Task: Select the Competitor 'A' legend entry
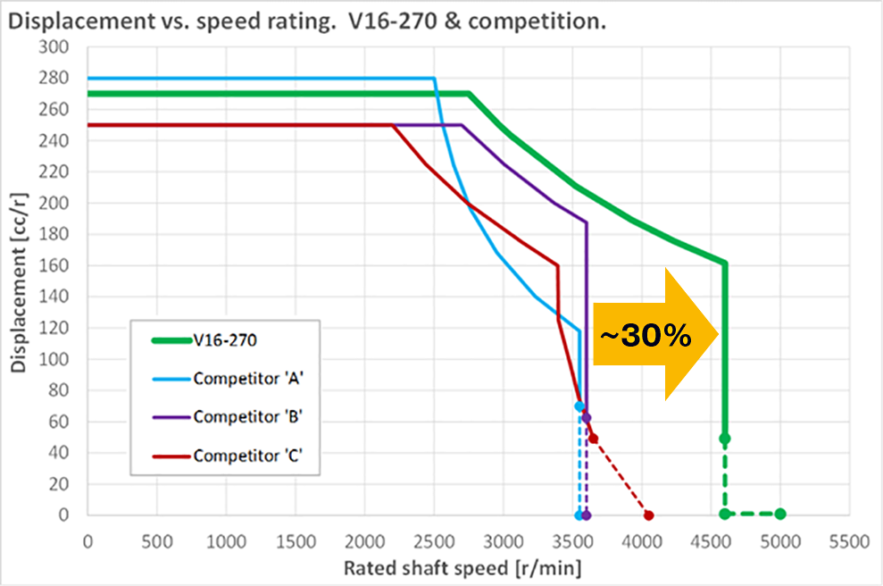[x=246, y=379]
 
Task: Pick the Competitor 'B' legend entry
[x=246, y=416]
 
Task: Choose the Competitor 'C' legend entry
[x=246, y=456]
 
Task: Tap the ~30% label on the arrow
[x=646, y=336]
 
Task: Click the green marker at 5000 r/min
[x=780, y=514]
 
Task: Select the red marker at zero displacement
[x=649, y=515]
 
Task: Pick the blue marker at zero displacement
[x=579, y=515]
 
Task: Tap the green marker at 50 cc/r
[x=725, y=439]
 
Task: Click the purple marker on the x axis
[x=587, y=515]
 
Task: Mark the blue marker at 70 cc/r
[x=579, y=406]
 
